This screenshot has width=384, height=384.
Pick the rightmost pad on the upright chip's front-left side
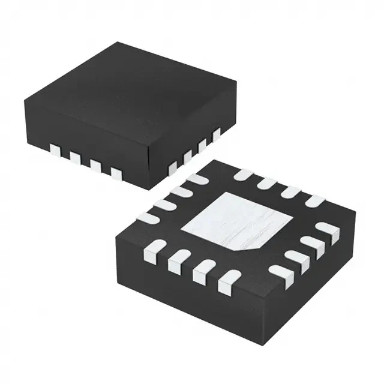(x=116, y=173)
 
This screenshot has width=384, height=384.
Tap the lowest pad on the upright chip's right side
(x=173, y=164)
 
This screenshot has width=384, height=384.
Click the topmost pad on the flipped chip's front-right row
(x=326, y=229)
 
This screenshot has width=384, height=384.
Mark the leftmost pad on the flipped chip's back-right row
(x=243, y=175)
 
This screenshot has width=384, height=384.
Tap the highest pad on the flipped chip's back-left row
(x=197, y=178)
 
